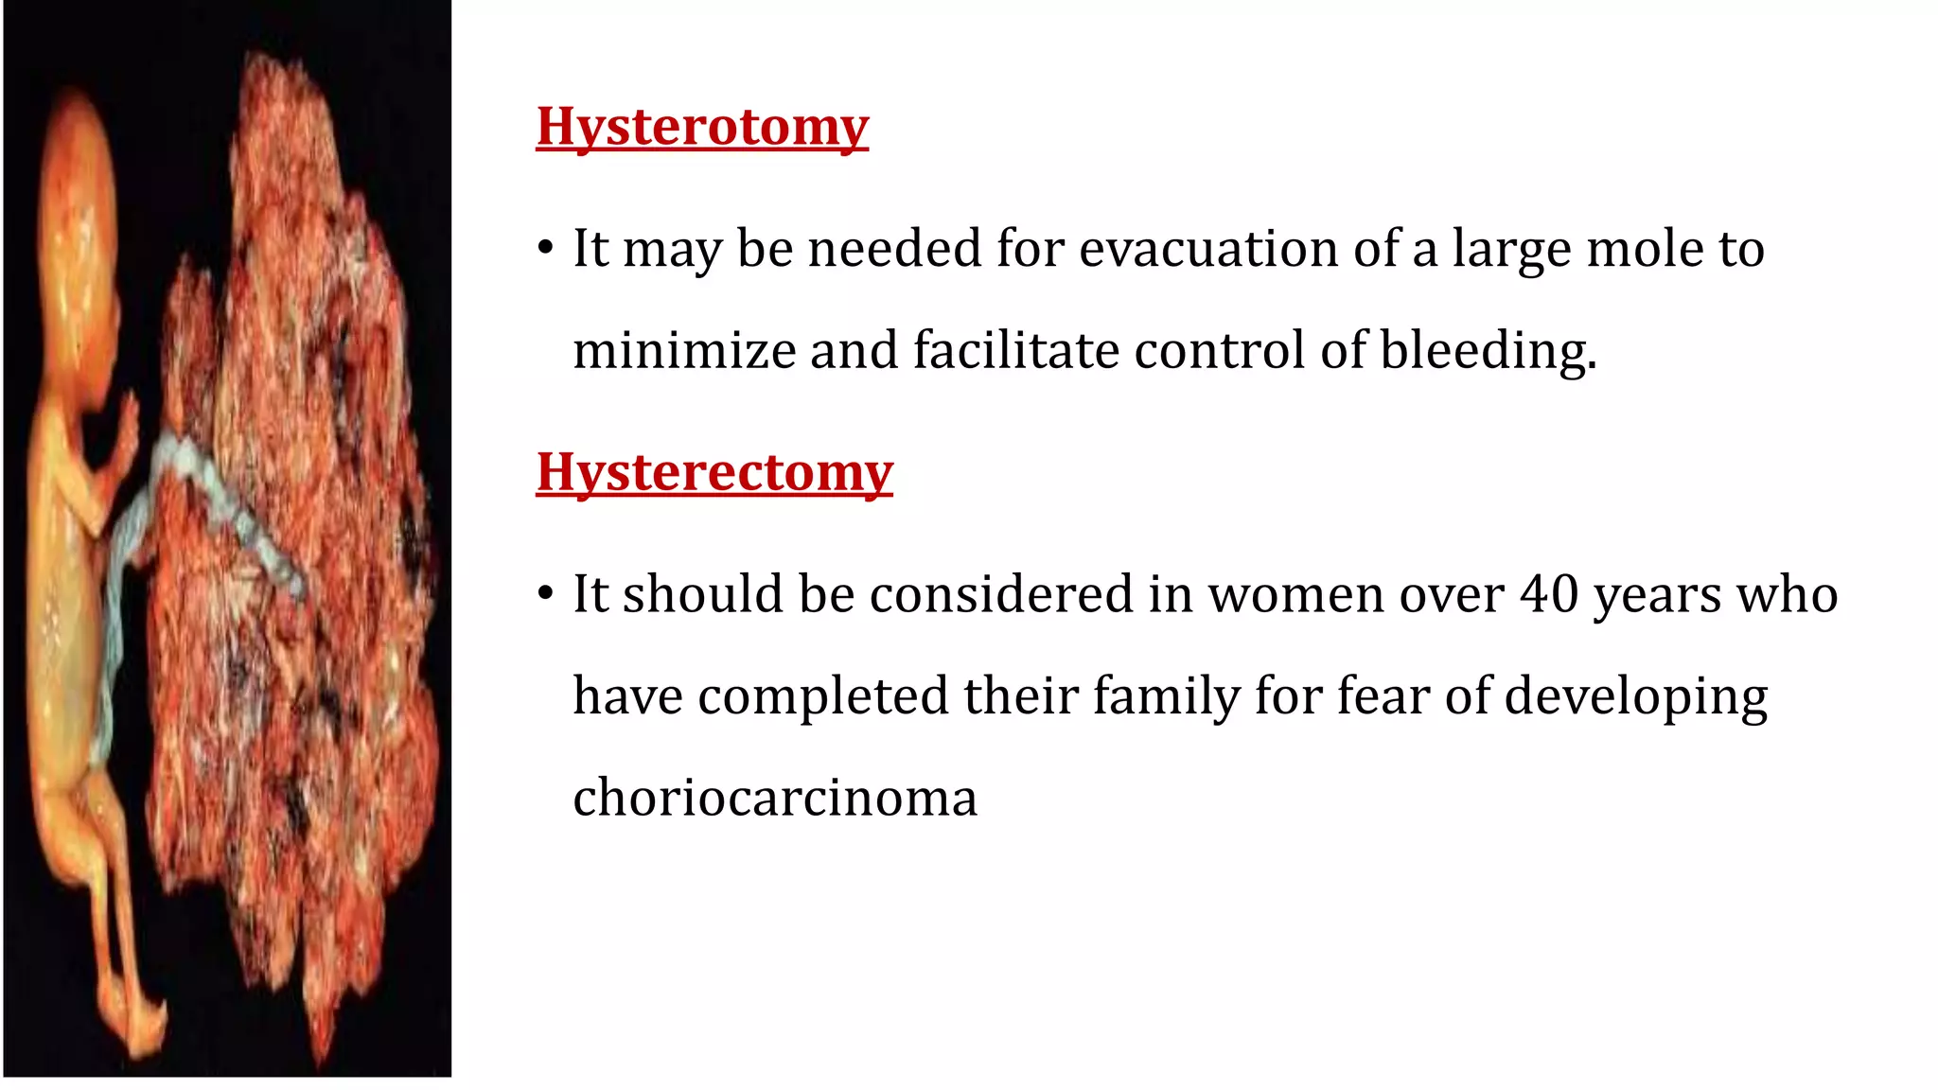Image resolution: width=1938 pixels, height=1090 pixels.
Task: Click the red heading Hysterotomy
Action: (x=702, y=127)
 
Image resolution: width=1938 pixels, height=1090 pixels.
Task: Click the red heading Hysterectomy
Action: (x=714, y=472)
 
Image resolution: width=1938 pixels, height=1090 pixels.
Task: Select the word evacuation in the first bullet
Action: (x=1208, y=249)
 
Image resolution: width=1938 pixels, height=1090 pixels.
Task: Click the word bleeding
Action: (x=1488, y=350)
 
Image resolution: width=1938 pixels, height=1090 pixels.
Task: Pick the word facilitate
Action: (x=1016, y=350)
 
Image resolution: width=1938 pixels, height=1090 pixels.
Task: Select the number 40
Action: (x=1550, y=594)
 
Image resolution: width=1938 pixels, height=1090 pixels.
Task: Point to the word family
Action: (x=1166, y=696)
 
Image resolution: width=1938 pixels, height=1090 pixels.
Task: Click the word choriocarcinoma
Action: (x=775, y=798)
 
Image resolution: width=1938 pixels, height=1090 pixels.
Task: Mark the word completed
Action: (x=823, y=696)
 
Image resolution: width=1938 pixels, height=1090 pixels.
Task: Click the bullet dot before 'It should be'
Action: (x=544, y=594)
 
